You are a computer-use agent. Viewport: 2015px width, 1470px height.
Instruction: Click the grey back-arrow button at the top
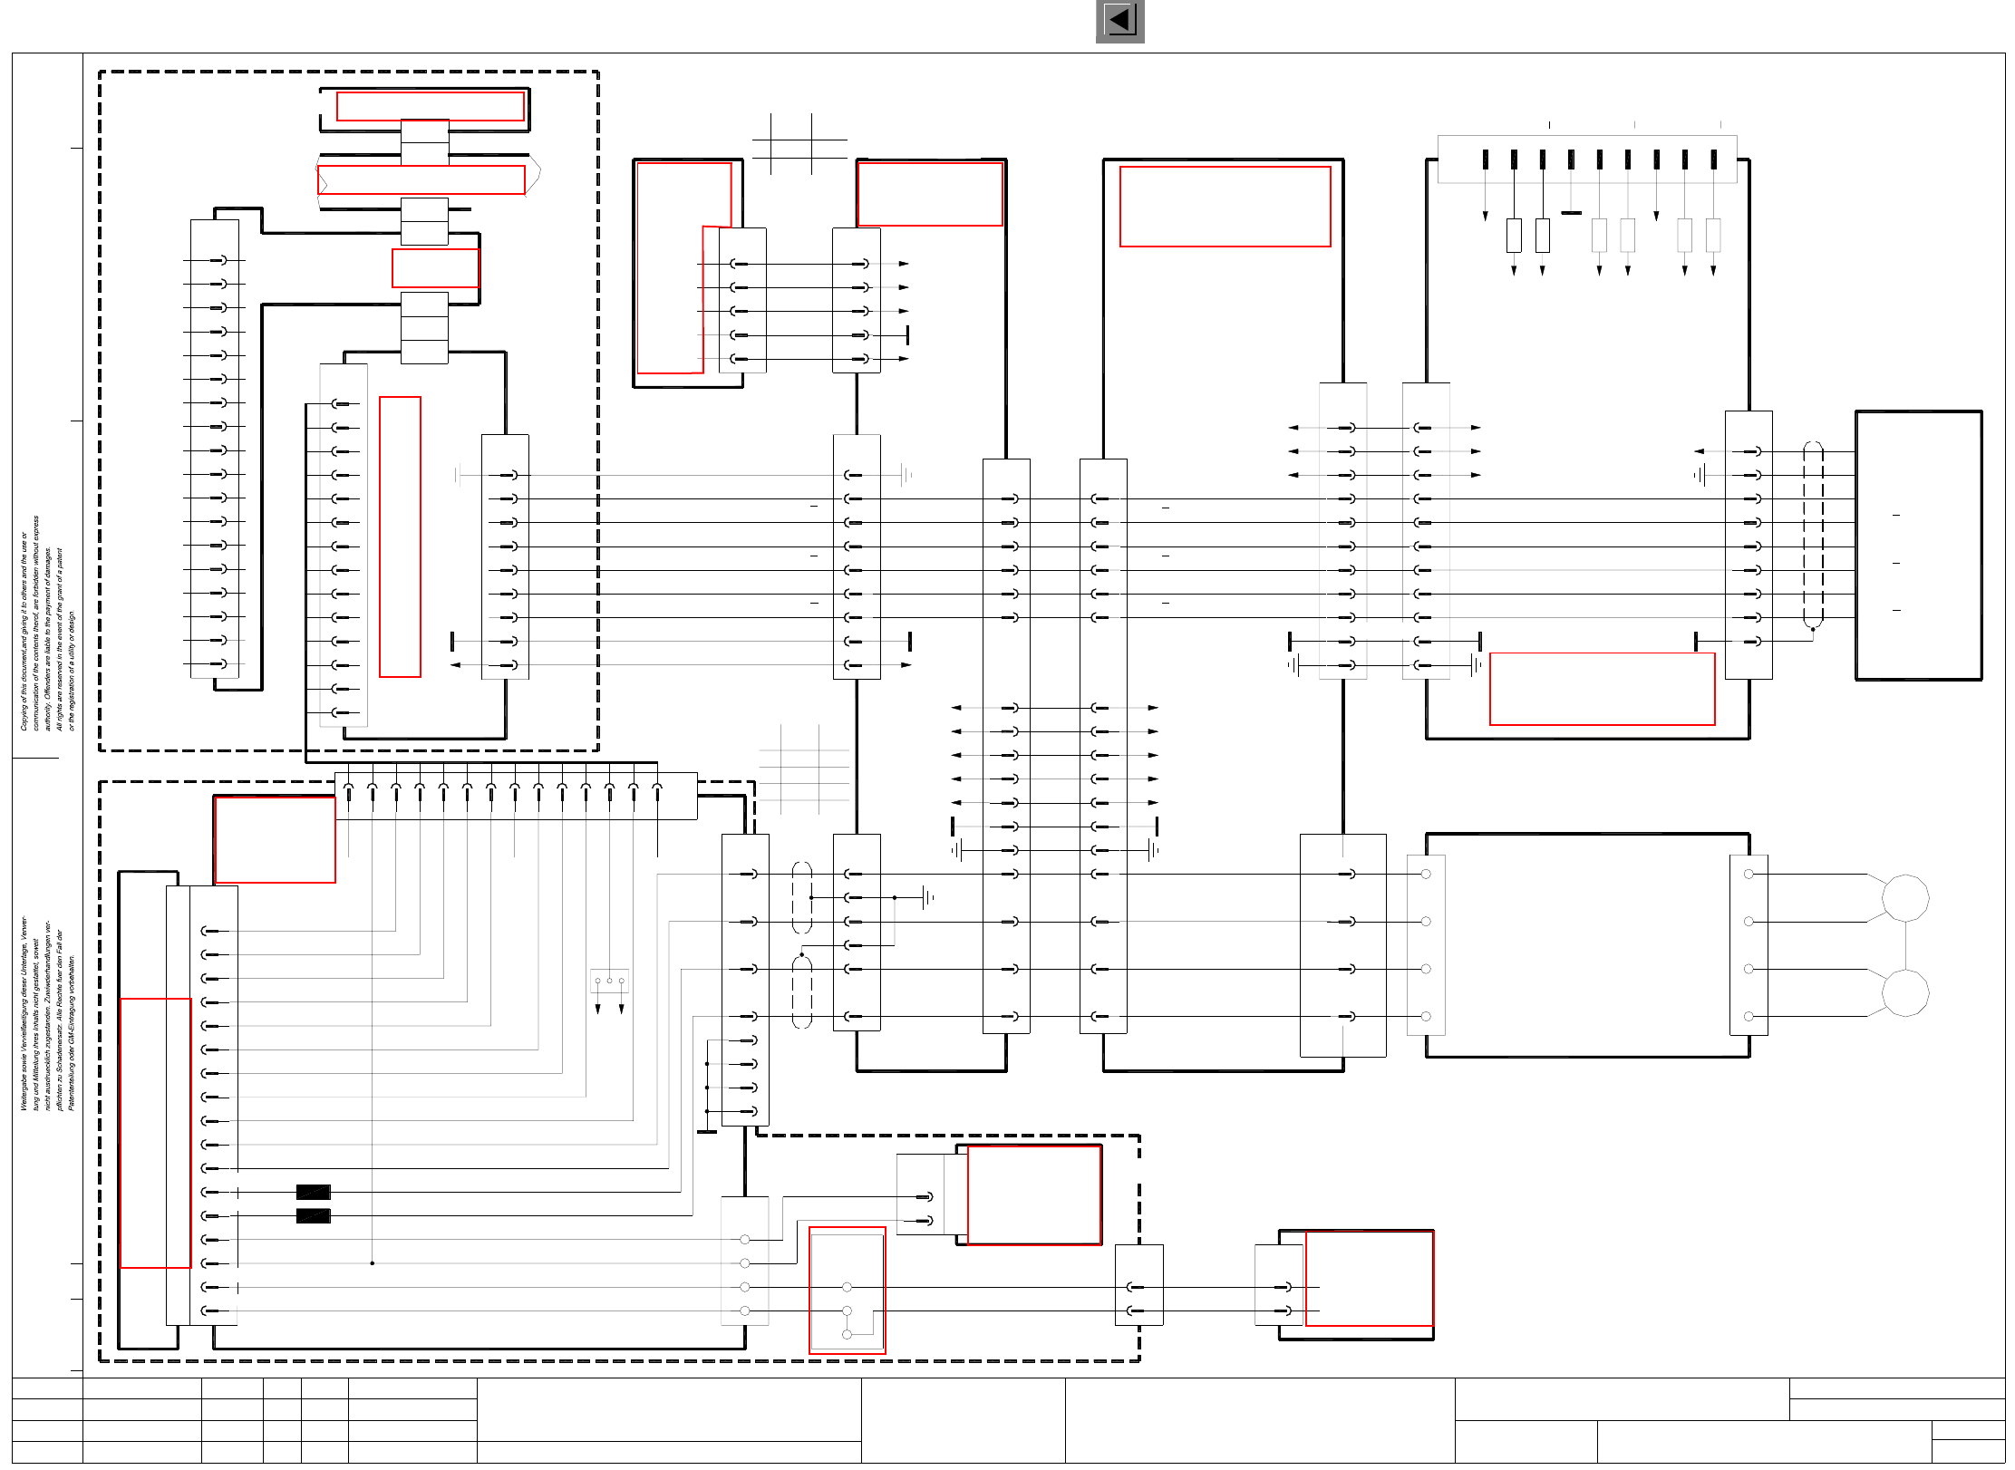[x=1119, y=21]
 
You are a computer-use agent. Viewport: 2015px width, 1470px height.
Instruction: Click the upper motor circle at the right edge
[x=1904, y=897]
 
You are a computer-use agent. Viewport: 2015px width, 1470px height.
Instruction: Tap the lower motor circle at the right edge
[x=1904, y=992]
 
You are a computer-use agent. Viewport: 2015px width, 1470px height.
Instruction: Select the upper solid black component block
[x=313, y=1192]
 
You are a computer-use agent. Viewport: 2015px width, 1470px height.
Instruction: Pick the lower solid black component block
[x=313, y=1215]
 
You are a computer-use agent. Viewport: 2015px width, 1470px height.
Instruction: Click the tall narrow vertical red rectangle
[x=400, y=537]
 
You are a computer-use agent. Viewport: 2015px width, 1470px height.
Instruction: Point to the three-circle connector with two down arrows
[x=609, y=982]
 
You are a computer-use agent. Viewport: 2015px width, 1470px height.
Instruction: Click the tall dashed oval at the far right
[x=1813, y=535]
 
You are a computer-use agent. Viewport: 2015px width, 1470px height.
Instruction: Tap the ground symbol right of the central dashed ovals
[x=927, y=897]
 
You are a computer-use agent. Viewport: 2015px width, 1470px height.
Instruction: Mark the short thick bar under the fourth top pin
[x=1571, y=213]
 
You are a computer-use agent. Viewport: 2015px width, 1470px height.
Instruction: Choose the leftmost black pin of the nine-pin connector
[x=1485, y=160]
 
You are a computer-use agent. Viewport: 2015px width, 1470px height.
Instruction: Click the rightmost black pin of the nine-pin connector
[x=1713, y=160]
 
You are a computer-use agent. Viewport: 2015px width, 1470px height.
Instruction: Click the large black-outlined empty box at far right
[x=1918, y=545]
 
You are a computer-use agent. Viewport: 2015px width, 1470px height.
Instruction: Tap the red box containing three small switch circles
[x=847, y=1290]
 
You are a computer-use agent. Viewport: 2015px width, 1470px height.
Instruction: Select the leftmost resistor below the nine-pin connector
[x=1514, y=236]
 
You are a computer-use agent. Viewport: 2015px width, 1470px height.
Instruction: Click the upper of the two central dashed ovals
[x=801, y=897]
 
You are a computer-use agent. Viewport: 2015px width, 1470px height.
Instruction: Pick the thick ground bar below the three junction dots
[x=707, y=1131]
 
